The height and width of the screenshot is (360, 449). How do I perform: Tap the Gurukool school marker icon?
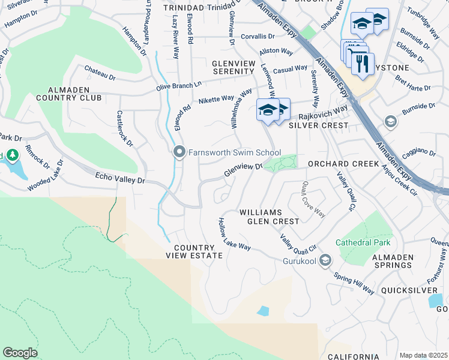325,260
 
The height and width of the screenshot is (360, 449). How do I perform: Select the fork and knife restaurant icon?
363,64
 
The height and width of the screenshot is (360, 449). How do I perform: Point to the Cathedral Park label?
363,242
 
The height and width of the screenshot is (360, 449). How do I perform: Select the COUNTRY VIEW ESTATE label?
194,251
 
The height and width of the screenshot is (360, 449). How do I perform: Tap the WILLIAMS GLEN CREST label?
269,217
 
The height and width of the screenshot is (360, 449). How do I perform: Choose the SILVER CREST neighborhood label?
318,125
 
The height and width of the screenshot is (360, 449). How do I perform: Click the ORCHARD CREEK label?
343,164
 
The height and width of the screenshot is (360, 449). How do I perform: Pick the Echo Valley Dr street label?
120,179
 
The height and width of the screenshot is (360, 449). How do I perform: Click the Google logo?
20,353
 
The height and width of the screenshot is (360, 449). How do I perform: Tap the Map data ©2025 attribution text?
423,355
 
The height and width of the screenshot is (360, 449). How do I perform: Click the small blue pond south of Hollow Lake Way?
262,311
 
